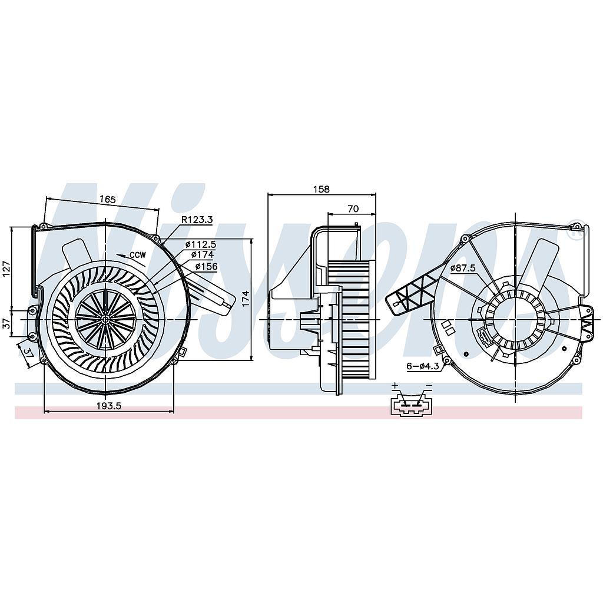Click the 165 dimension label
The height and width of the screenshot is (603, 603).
[x=107, y=200]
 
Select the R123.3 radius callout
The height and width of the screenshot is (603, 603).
[x=197, y=220]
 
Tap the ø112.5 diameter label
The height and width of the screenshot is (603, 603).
[x=201, y=244]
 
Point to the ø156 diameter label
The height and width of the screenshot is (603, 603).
[x=206, y=266]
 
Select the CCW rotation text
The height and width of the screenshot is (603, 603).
[x=138, y=255]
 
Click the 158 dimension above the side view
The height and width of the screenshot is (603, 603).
[x=322, y=190]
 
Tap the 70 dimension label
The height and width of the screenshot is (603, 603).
[x=353, y=208]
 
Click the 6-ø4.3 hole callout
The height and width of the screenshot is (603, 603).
[x=422, y=366]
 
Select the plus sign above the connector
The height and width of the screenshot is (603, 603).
[x=395, y=386]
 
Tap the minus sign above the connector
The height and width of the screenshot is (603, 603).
[x=429, y=386]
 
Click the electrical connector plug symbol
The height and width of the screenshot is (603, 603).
[x=411, y=406]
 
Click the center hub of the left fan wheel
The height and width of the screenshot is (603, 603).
[x=105, y=319]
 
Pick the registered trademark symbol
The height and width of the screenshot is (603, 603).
[x=578, y=231]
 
